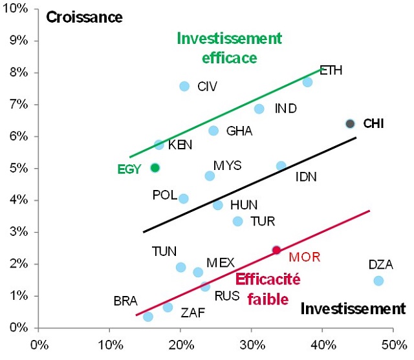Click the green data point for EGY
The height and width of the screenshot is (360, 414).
[x=155, y=167]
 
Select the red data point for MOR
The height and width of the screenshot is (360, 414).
[x=276, y=250]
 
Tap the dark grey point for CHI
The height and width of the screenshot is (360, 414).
[x=350, y=123]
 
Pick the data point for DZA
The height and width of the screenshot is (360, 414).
[x=378, y=281]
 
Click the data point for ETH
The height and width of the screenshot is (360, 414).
[x=307, y=82]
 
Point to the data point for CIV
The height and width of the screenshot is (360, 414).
[x=184, y=86]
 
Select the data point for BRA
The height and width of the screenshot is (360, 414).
[x=148, y=317]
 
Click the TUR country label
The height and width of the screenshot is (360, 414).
[x=262, y=222]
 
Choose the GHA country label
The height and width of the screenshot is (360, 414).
[x=239, y=131]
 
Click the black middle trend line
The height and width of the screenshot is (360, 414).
[x=249, y=184]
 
